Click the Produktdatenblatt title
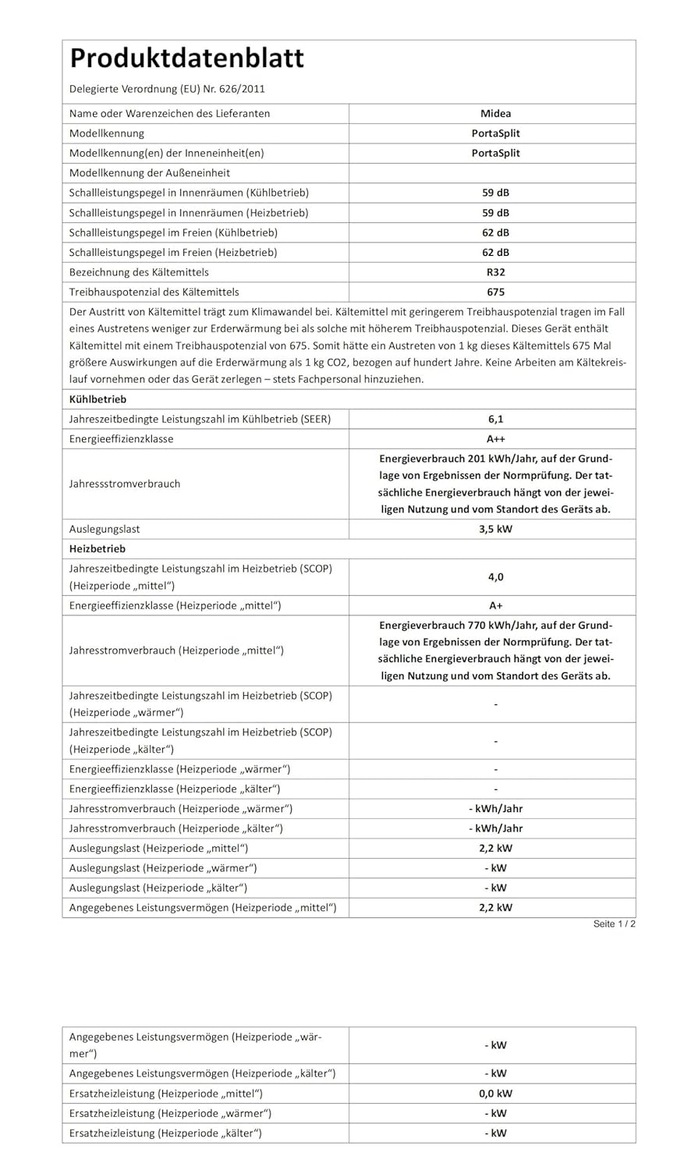click(186, 58)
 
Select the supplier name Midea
click(495, 113)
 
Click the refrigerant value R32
click(495, 272)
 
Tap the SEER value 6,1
click(495, 419)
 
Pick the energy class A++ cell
click(495, 438)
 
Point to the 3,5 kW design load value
click(495, 529)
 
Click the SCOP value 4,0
click(495, 577)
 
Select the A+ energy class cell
click(495, 605)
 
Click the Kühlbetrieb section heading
click(97, 399)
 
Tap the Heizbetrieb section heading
click(97, 548)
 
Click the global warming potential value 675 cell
click(495, 292)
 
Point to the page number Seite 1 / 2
click(614, 924)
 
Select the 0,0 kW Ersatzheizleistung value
click(495, 1094)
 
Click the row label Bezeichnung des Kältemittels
click(139, 272)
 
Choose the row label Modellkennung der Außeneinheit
click(150, 173)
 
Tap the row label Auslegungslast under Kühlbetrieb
click(105, 529)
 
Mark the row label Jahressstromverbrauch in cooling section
click(125, 484)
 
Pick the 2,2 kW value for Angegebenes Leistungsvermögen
click(495, 907)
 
